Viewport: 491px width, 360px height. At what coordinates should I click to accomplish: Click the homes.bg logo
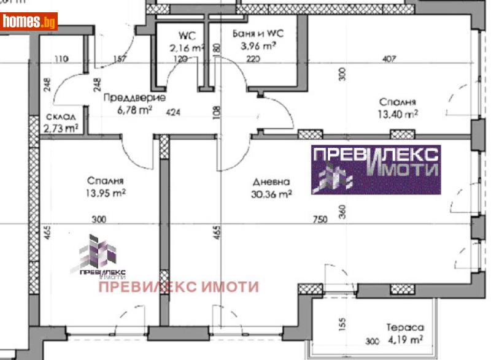click(29, 22)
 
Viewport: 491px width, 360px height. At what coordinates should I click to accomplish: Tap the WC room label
click(187, 35)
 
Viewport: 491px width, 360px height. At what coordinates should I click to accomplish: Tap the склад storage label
click(61, 117)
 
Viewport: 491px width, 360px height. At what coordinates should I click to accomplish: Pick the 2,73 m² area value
click(61, 128)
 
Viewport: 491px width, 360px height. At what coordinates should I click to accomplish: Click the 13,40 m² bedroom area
click(398, 113)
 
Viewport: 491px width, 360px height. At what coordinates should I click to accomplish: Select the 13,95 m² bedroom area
click(106, 193)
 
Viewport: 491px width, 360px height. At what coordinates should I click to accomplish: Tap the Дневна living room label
click(271, 182)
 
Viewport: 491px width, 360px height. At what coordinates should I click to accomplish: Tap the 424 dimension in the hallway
click(174, 112)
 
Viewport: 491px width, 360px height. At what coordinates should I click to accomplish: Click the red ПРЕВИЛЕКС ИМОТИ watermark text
click(179, 286)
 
